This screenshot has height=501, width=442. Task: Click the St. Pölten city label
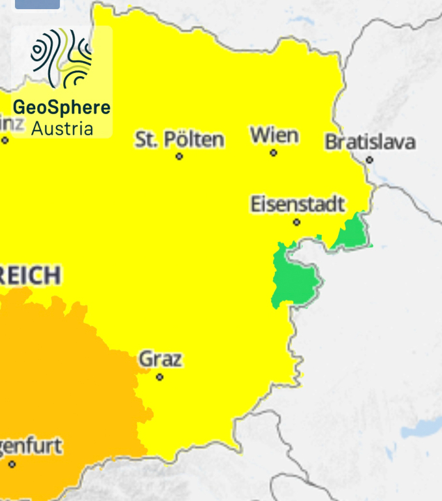point(180,139)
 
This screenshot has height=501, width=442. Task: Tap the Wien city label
point(274,136)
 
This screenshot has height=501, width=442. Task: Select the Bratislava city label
point(370,142)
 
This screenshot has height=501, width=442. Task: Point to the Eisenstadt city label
point(297,204)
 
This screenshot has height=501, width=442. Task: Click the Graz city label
point(160,359)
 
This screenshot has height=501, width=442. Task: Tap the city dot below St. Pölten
point(180,157)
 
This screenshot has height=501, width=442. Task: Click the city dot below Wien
point(274,153)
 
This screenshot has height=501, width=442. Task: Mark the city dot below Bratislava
point(370,160)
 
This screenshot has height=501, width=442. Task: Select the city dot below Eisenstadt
point(296,222)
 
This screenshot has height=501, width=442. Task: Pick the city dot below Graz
point(159,377)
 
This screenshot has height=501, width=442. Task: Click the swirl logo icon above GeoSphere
point(61,58)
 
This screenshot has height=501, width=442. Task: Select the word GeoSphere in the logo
point(62,107)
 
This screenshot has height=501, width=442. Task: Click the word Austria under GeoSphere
point(62,128)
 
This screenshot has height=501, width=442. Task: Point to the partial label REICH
point(30,275)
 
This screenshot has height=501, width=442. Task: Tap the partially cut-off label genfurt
point(31,447)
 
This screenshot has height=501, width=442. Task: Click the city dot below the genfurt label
point(12,464)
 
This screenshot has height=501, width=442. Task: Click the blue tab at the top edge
point(37,4)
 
